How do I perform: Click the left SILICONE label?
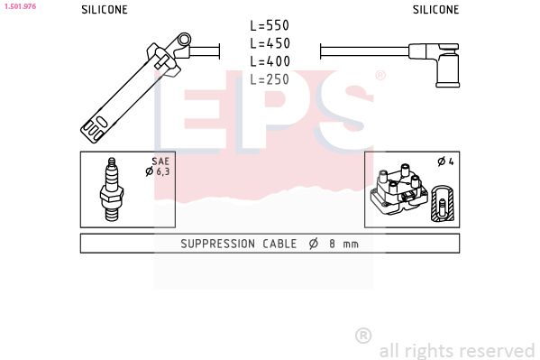104,10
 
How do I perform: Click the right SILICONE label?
435,10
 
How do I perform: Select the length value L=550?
270,26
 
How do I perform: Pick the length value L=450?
270,43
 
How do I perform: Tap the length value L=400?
270,60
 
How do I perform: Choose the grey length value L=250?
270,78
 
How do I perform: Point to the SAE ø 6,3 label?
158,166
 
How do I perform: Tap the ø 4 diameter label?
444,162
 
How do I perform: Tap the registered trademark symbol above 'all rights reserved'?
363,335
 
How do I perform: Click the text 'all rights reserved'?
457,350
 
